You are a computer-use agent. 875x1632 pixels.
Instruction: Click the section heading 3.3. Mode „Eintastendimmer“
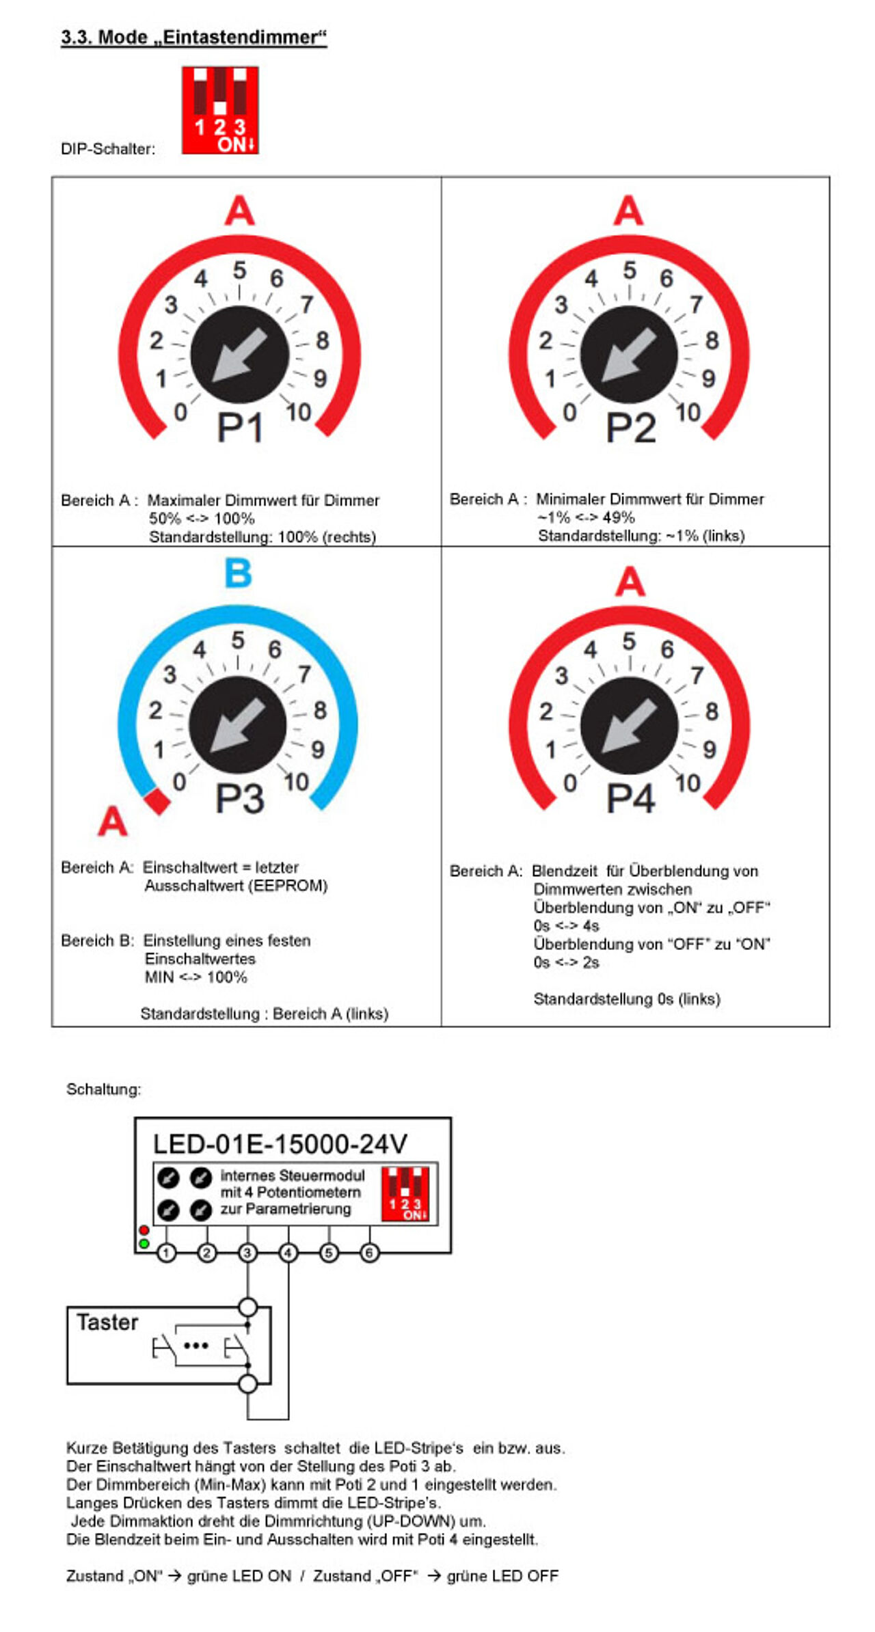(193, 37)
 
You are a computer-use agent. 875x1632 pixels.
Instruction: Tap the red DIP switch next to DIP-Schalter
(219, 109)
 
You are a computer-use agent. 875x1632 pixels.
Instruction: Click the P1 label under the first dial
(240, 428)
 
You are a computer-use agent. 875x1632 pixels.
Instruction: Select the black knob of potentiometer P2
(628, 355)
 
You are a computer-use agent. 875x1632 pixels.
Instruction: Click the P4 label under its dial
(630, 798)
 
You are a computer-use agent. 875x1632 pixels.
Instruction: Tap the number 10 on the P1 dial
(299, 412)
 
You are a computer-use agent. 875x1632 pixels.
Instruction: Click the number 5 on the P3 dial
(237, 640)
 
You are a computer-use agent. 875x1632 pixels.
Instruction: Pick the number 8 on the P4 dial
(712, 711)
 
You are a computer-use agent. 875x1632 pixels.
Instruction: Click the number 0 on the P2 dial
(569, 412)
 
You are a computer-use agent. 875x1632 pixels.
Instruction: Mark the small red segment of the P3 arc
(157, 801)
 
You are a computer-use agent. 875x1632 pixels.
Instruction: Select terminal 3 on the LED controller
(247, 1253)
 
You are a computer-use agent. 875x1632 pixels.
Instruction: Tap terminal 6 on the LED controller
(369, 1253)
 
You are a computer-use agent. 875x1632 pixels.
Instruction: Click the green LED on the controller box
(144, 1243)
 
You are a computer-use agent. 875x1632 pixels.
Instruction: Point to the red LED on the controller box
(144, 1230)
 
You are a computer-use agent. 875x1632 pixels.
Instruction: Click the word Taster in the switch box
(107, 1322)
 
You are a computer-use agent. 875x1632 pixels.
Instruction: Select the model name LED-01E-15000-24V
(280, 1144)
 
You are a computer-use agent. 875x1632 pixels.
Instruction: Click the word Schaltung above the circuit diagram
(103, 1089)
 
